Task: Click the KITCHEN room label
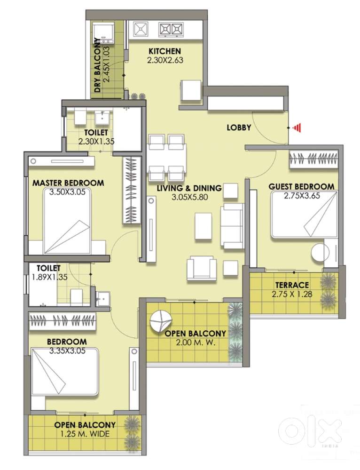pyautogui.click(x=164, y=51)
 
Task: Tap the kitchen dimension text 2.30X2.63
pyautogui.click(x=165, y=60)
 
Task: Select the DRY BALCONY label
pyautogui.click(x=97, y=65)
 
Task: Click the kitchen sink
pyautogui.click(x=141, y=29)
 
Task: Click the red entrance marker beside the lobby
pyautogui.click(x=296, y=128)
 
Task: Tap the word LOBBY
pyautogui.click(x=239, y=127)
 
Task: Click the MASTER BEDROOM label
pyautogui.click(x=68, y=183)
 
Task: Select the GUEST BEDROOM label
pyautogui.click(x=302, y=186)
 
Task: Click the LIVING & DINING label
pyautogui.click(x=189, y=188)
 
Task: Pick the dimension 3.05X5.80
pyautogui.click(x=189, y=197)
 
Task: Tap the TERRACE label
pyautogui.click(x=292, y=285)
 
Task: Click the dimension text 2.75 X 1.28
pyautogui.click(x=292, y=294)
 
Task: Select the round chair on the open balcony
pyautogui.click(x=161, y=320)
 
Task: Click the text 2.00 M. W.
pyautogui.click(x=196, y=343)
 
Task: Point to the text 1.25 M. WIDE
pyautogui.click(x=85, y=434)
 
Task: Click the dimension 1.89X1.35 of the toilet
pyautogui.click(x=49, y=277)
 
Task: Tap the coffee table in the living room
pyautogui.click(x=203, y=226)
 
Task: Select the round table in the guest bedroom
pyautogui.click(x=321, y=253)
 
